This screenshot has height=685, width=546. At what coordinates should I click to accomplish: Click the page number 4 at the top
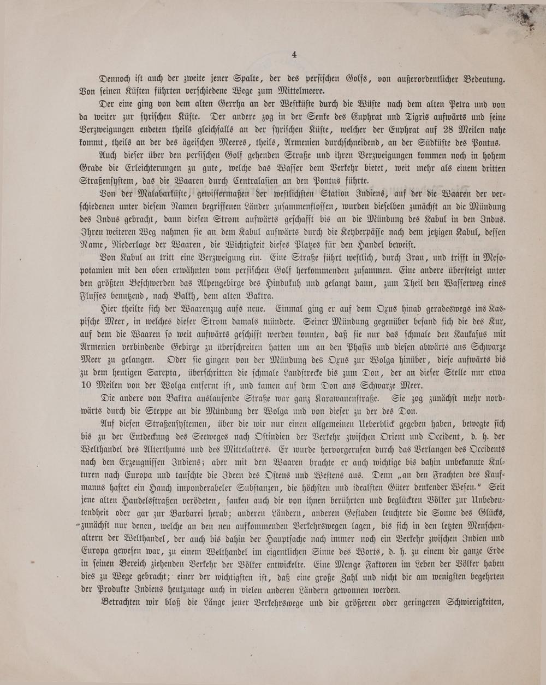click(x=294, y=54)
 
